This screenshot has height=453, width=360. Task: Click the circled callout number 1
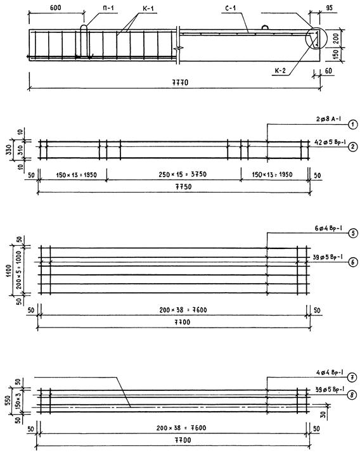(353, 125)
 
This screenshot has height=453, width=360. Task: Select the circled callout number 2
(353, 147)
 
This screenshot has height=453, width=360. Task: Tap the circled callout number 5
(353, 233)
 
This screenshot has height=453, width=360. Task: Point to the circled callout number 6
(353, 262)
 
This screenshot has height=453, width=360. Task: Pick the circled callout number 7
(352, 377)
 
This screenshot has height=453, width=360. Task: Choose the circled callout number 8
(352, 395)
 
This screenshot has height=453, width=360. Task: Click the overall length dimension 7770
(180, 82)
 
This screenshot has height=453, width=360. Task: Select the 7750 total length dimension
(183, 187)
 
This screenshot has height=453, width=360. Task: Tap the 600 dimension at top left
(56, 8)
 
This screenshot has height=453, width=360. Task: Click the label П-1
(108, 8)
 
